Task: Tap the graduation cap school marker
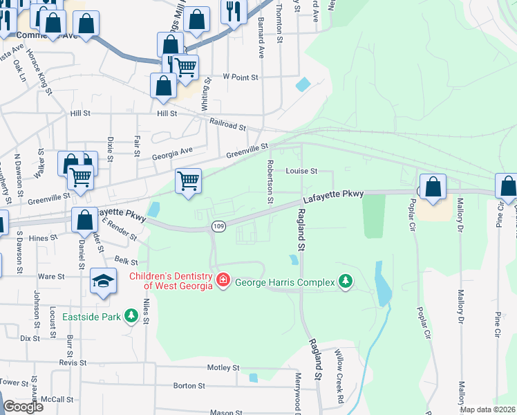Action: click(103, 281)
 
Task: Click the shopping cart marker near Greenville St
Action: click(188, 181)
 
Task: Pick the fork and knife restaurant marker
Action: click(233, 11)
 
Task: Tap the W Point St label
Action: click(240, 77)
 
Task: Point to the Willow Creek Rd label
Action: click(339, 386)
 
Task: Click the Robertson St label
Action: click(270, 182)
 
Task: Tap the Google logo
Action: click(23, 407)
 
